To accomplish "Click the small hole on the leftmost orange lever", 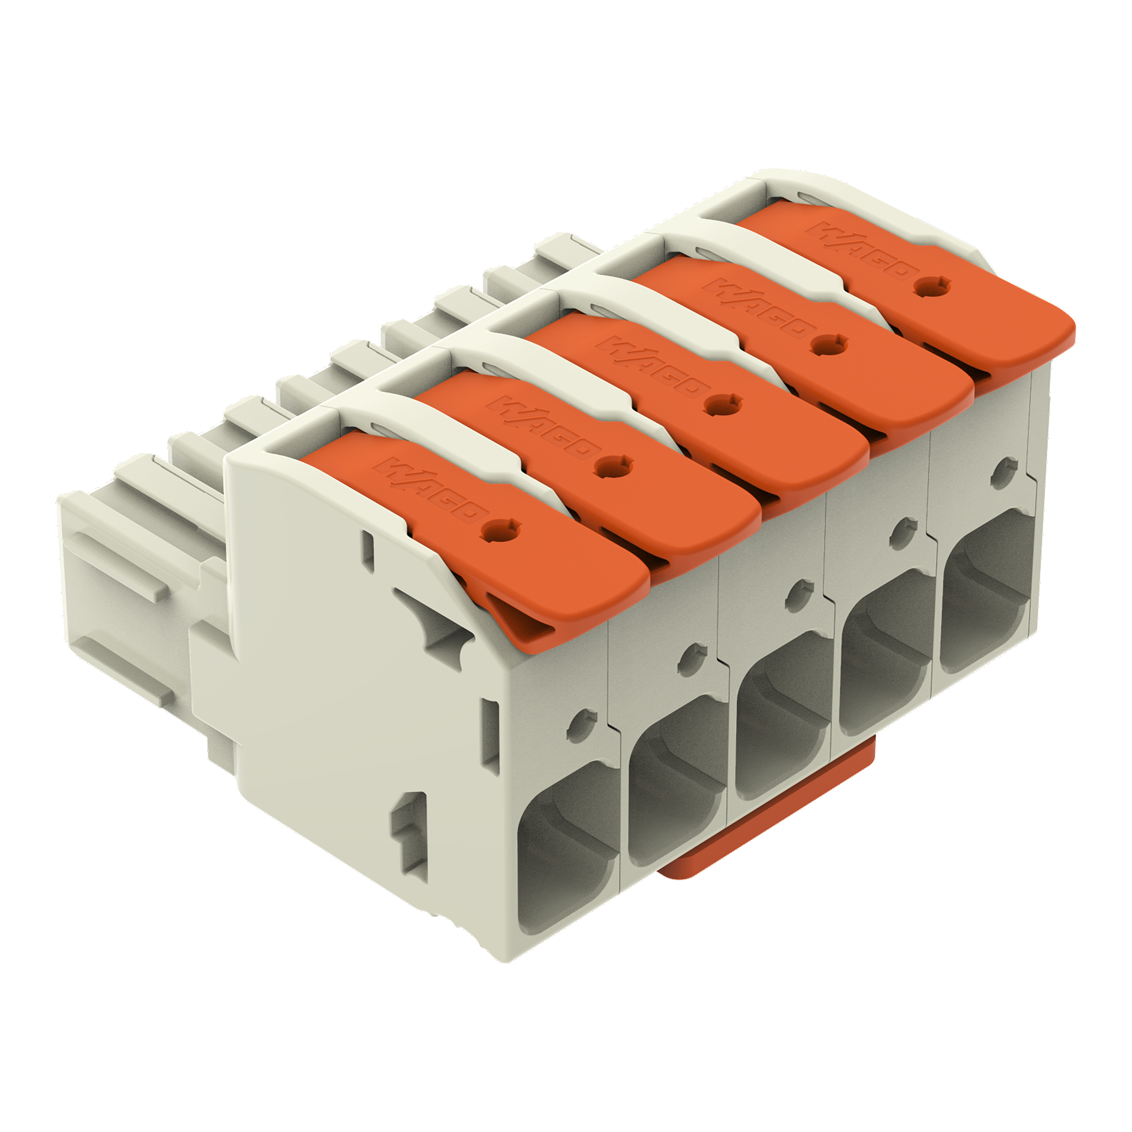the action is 500,529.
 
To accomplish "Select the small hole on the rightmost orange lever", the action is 931,287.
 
